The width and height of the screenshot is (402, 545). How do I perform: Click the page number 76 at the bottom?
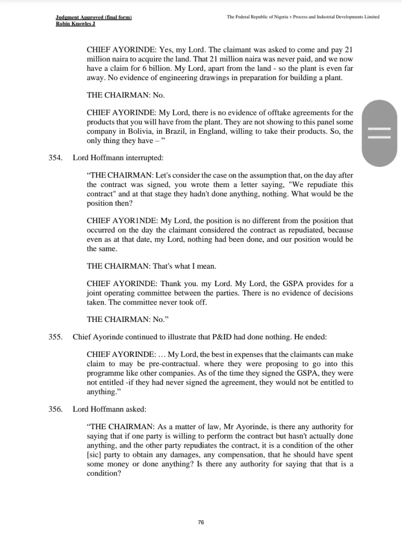[x=201, y=522]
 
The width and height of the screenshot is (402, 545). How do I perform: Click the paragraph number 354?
[x=55, y=158]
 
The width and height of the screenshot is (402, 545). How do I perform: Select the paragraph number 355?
[x=55, y=337]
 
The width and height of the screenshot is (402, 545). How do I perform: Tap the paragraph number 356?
[x=55, y=409]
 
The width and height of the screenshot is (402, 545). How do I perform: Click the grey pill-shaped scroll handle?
[x=379, y=133]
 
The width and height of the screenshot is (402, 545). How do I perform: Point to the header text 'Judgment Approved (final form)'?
[x=94, y=17]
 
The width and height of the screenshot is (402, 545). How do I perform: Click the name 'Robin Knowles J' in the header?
[x=75, y=23]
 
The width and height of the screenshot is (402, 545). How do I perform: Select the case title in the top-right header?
[x=303, y=17]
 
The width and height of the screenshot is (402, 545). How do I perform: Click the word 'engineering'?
[x=192, y=78]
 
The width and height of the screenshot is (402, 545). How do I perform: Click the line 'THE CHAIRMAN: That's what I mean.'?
[x=151, y=266]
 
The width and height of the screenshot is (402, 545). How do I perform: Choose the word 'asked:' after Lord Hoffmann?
[x=136, y=409]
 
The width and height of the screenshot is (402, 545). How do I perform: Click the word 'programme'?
[x=106, y=373]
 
